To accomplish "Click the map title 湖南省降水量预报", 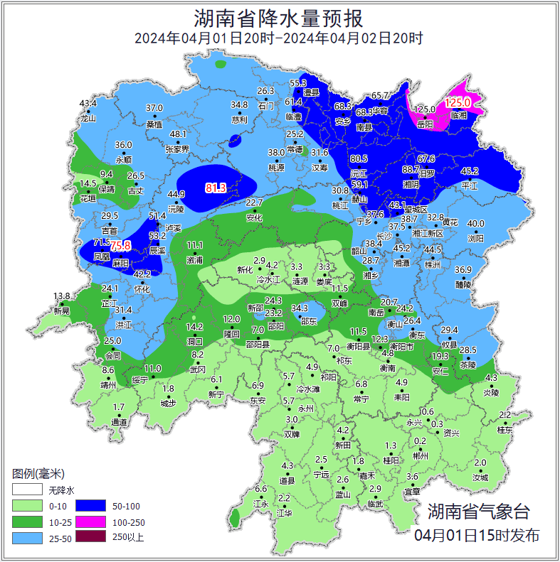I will [x=279, y=16].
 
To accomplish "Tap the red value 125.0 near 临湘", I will [x=459, y=103].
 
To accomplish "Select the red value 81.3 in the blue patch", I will [x=216, y=188].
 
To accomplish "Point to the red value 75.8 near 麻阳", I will [x=120, y=246].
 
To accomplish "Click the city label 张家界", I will [x=177, y=149].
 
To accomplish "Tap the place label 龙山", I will [x=88, y=119].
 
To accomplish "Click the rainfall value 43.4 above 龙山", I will [x=88, y=104].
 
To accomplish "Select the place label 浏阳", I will [x=475, y=239].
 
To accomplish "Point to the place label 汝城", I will [x=480, y=477].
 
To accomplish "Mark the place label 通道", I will [x=119, y=422].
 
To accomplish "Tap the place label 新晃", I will [x=62, y=310].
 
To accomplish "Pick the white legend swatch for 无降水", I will [x=27, y=490].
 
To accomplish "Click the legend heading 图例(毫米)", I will [x=38, y=473].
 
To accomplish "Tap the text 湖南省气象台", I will [x=478, y=512].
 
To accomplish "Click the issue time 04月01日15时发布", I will [x=476, y=536].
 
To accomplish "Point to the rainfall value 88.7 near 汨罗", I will [x=411, y=170].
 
